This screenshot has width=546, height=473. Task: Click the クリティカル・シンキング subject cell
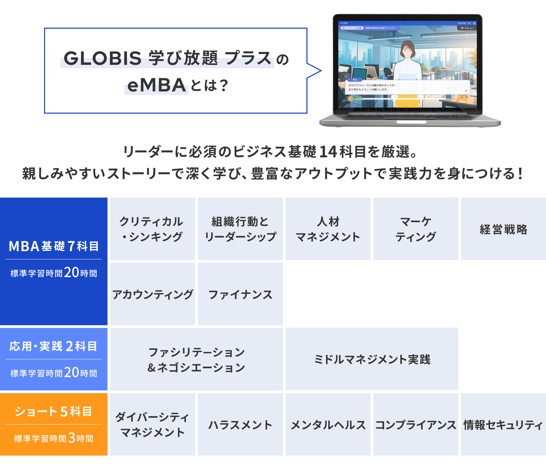[x=153, y=229]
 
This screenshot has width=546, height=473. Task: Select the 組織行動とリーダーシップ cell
[x=240, y=229]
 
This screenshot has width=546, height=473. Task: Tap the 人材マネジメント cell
[x=328, y=229]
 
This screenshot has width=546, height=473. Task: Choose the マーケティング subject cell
[x=416, y=229]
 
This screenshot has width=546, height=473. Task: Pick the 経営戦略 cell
[x=503, y=229]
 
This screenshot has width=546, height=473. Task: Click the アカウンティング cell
[x=153, y=294]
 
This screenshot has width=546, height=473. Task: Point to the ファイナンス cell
[x=240, y=294]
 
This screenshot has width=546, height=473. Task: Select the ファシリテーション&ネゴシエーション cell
[x=196, y=359]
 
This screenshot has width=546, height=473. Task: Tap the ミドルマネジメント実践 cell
[x=372, y=359]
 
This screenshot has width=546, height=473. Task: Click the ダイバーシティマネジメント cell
[x=153, y=424]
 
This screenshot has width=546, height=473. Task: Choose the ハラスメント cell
[x=240, y=424]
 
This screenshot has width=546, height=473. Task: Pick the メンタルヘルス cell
[x=328, y=424]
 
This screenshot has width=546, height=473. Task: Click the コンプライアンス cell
[x=416, y=424]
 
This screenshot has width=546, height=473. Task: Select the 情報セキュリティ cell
[x=503, y=424]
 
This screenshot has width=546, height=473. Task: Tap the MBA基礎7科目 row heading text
[x=54, y=246]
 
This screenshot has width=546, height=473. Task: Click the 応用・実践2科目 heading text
[x=54, y=346]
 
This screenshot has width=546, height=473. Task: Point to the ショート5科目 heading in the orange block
[x=54, y=411]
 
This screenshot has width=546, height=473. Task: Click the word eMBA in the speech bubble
[x=156, y=85]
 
